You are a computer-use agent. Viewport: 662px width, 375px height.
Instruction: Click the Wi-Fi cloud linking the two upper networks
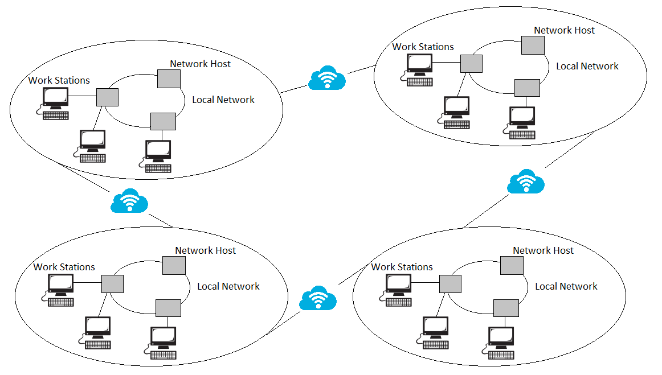point(327,79)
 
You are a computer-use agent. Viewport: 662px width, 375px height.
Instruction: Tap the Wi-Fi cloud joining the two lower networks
point(318,298)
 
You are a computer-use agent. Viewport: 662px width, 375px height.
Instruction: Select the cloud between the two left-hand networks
point(130,201)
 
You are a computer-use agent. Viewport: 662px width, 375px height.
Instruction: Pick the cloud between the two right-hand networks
point(526,182)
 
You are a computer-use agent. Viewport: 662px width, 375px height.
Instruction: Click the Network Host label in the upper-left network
point(200,64)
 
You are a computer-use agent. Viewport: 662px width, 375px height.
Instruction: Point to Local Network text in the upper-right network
point(587,66)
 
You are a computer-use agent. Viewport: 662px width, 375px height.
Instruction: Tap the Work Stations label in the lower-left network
point(64,267)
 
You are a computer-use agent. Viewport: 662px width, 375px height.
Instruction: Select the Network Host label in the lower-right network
point(543,250)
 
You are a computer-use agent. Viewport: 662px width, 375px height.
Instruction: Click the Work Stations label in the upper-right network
point(423,47)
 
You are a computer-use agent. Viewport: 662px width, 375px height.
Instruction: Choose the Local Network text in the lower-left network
point(228,286)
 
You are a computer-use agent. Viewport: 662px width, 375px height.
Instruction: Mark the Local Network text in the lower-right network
point(566,286)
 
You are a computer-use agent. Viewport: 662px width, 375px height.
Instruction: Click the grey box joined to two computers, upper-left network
point(107,97)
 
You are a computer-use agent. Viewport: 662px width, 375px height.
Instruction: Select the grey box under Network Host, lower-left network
point(174,265)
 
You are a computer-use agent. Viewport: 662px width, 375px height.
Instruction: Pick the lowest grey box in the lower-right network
point(506,308)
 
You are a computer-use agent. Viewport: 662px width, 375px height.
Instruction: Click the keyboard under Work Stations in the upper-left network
point(56,116)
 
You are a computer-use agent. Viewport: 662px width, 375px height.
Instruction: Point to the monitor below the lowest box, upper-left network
point(158,150)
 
